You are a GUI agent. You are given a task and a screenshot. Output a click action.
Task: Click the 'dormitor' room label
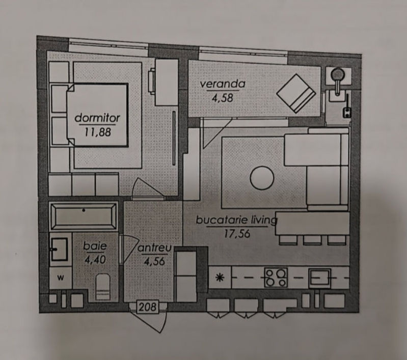pyautogui.click(x=97, y=118)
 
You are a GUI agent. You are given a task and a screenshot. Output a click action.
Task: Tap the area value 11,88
pyautogui.click(x=98, y=132)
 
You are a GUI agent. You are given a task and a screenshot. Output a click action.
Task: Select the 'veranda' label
pyautogui.click(x=223, y=84)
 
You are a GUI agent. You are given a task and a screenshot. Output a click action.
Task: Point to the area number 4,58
pyautogui.click(x=223, y=98)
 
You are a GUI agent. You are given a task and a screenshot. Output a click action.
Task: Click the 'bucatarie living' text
pyautogui.click(x=236, y=220)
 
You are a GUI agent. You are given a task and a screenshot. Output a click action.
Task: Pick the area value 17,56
pyautogui.click(x=237, y=234)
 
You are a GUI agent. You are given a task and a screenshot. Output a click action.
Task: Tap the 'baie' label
pyautogui.click(x=95, y=246)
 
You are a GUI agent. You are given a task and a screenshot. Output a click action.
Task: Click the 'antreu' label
pyautogui.click(x=154, y=248)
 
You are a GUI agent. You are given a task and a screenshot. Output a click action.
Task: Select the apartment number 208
pyautogui.click(x=147, y=307)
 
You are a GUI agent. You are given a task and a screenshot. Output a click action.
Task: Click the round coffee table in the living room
pyautogui.click(x=262, y=178)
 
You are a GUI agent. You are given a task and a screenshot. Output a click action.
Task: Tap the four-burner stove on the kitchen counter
pyautogui.click(x=276, y=278)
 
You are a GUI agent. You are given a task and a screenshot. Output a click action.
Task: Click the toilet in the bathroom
pyautogui.click(x=103, y=287)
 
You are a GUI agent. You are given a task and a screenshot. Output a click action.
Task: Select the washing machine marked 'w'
pyautogui.click(x=61, y=278)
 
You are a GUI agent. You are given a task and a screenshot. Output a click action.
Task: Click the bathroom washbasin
pyautogui.click(x=59, y=250)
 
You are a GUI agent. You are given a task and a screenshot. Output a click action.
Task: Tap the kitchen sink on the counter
pyautogui.click(x=319, y=278)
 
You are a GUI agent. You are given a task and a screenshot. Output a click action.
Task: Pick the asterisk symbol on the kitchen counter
pyautogui.click(x=220, y=278)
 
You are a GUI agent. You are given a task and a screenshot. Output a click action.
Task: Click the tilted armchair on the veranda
pyautogui.click(x=296, y=94)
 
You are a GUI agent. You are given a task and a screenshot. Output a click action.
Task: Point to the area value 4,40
pyautogui.click(x=95, y=260)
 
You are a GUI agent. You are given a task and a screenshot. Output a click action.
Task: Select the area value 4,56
pyautogui.click(x=154, y=261)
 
